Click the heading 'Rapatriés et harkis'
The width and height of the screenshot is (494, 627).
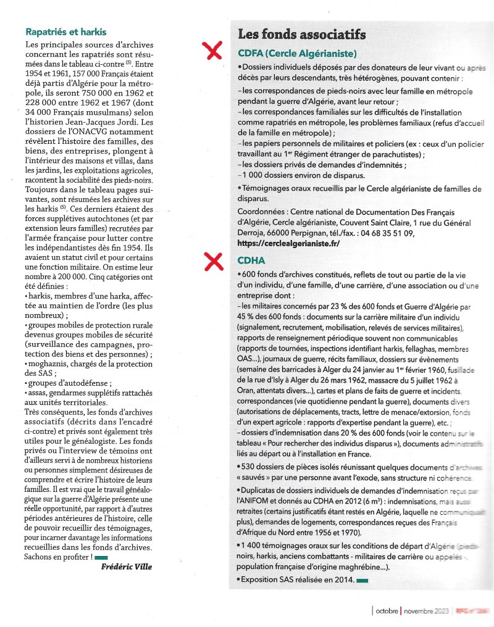point(65,31)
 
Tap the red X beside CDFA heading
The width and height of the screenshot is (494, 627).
point(214,51)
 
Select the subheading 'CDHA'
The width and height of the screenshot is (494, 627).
point(251,260)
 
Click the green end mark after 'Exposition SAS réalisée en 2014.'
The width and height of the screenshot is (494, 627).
point(362,580)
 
